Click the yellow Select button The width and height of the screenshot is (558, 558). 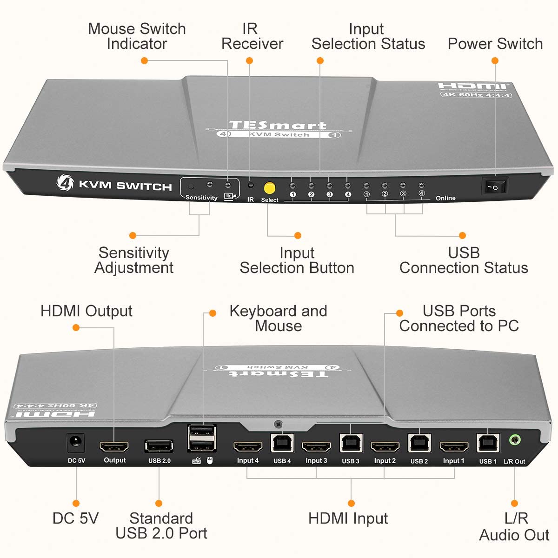pyautogui.click(x=269, y=188)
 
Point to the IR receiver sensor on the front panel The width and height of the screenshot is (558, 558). pyautogui.click(x=251, y=185)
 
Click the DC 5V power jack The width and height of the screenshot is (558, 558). pyautogui.click(x=76, y=443)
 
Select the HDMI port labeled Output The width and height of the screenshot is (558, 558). pyautogui.click(x=114, y=446)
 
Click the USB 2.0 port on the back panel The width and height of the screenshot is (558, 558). pyautogui.click(x=159, y=446)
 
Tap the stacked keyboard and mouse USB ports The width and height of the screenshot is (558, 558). pyautogui.click(x=201, y=438)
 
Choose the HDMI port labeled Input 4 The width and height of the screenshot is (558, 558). pyautogui.click(x=247, y=447)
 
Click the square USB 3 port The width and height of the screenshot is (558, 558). pyautogui.click(x=350, y=444)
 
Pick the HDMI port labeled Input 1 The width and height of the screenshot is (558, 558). pyautogui.click(x=453, y=447)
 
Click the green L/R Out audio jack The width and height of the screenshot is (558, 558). pyautogui.click(x=514, y=439)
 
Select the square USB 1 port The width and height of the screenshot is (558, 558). pyautogui.click(x=488, y=444)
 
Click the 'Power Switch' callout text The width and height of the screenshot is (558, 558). pyautogui.click(x=495, y=44)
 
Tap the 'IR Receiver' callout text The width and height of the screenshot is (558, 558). pyautogui.click(x=252, y=36)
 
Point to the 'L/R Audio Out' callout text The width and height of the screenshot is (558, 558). pyautogui.click(x=514, y=526)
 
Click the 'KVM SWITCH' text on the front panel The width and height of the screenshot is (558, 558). pyautogui.click(x=125, y=186)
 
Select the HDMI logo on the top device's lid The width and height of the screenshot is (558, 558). pyautogui.click(x=473, y=86)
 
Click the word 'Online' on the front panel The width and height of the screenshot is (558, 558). pyautogui.click(x=445, y=198)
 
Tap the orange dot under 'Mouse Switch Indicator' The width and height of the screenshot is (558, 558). pyautogui.click(x=144, y=60)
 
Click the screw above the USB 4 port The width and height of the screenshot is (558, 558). pyautogui.click(x=278, y=424)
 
